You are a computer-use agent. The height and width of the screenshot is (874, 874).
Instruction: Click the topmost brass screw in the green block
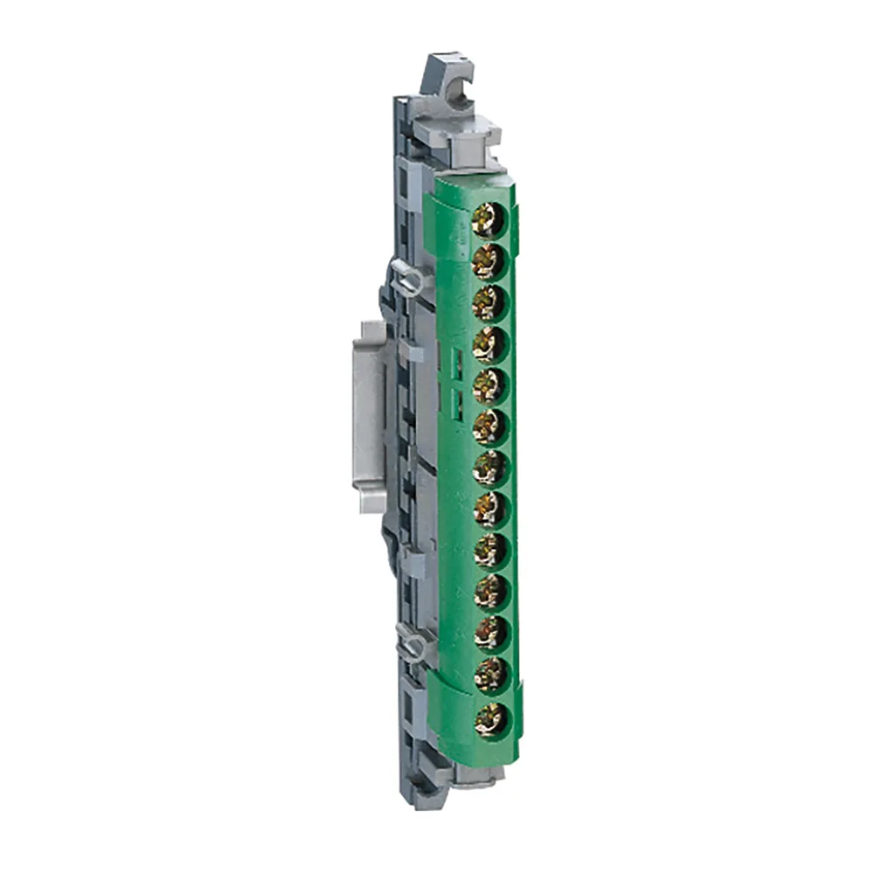(x=488, y=219)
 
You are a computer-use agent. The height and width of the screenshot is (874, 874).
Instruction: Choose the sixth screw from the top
(x=489, y=427)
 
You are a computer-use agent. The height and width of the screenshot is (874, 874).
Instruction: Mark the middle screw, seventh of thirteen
(x=489, y=468)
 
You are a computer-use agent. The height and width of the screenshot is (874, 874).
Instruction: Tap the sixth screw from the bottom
(x=489, y=510)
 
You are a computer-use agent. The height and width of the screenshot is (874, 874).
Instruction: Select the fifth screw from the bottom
(x=489, y=551)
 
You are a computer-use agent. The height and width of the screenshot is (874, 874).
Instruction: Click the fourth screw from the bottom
(x=489, y=593)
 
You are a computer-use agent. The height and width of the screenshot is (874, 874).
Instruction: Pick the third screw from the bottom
(x=489, y=634)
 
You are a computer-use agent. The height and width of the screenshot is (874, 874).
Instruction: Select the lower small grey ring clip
(x=414, y=646)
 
